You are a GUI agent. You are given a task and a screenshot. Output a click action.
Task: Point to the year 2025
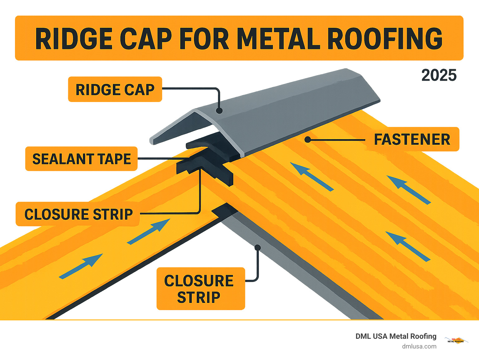point(439,75)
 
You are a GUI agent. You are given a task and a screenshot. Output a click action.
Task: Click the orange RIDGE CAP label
point(115,90)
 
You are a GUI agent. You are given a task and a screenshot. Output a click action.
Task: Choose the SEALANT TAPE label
point(81,159)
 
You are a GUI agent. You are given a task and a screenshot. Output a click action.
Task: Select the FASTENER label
point(412,139)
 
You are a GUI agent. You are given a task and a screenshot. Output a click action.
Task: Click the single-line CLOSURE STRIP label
point(78,214)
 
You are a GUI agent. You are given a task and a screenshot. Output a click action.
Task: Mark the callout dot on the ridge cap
point(219,110)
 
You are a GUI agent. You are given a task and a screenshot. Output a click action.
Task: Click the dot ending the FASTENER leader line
point(308,139)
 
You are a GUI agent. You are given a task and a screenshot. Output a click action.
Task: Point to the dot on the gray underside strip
point(258,248)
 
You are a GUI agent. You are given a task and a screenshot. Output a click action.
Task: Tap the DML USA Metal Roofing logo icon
point(456,340)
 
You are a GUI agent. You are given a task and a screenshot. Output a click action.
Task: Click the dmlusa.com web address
point(419,346)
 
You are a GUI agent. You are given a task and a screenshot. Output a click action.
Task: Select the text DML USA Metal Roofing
point(396,336)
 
